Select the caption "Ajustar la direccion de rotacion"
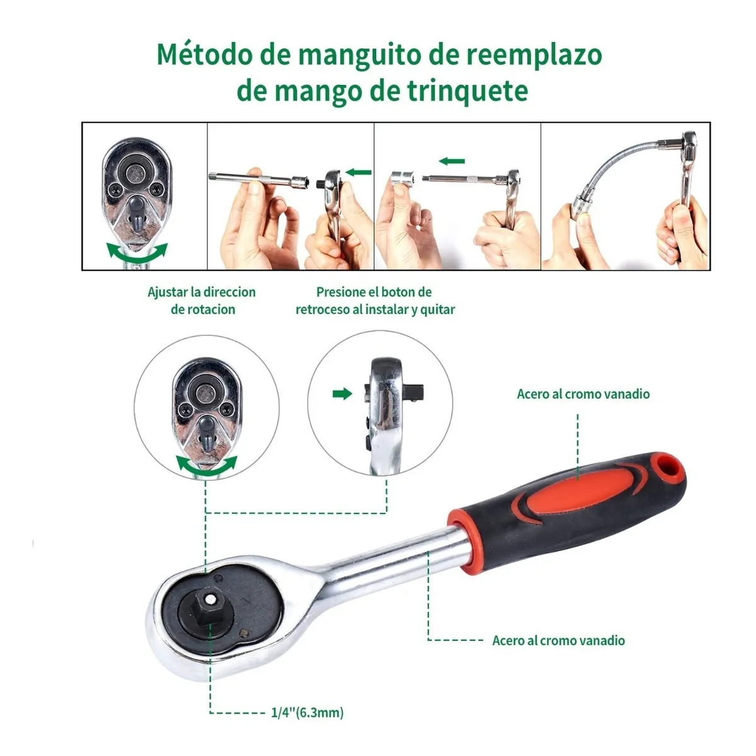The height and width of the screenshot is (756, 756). point(202,301)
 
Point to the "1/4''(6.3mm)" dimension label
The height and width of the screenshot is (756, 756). point(307,713)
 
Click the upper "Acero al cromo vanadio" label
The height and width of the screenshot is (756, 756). point(583,394)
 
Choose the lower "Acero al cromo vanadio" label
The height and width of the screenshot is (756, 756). point(558,640)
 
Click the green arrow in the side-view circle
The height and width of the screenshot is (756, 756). point(342,394)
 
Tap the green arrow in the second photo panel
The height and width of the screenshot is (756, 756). point(358,171)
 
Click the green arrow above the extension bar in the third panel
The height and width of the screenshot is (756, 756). point(452,161)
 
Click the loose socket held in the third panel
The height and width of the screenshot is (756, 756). point(401,179)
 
